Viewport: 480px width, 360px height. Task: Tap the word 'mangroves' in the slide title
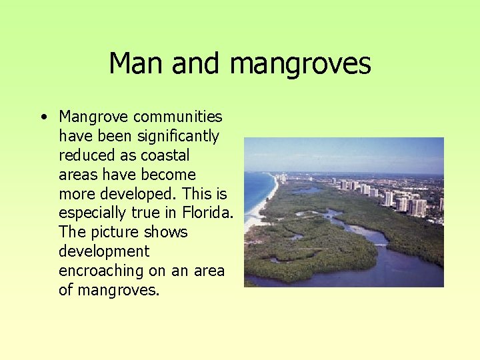300,65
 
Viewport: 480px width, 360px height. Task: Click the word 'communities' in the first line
178,117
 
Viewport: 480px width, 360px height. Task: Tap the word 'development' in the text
103,251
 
